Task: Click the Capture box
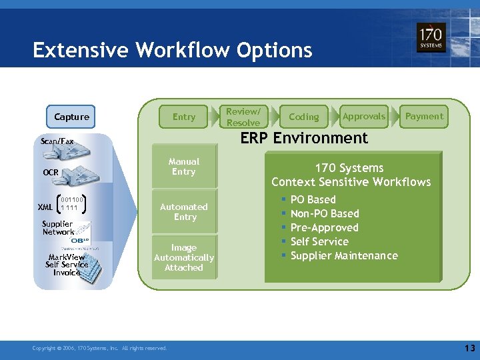tap(71, 117)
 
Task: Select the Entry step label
tap(184, 117)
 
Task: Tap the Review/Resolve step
tap(243, 117)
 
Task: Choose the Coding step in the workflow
tap(304, 117)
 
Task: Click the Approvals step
tap(364, 116)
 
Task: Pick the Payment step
tap(424, 116)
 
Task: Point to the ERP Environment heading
tap(304, 138)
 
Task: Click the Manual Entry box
tap(184, 167)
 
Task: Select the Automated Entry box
tap(184, 212)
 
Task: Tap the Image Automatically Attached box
tap(184, 257)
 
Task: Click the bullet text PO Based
tap(313, 199)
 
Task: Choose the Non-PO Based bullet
tap(325, 213)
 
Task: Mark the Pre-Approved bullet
tap(324, 227)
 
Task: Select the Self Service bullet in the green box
tap(319, 241)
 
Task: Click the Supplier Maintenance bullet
tap(344, 255)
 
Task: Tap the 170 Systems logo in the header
tap(431, 39)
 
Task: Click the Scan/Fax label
tap(57, 141)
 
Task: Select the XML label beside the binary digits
tap(45, 207)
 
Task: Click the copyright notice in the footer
tap(100, 348)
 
